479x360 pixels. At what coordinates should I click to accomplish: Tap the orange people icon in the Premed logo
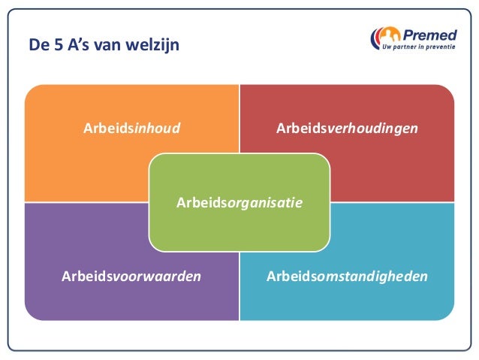click(x=387, y=36)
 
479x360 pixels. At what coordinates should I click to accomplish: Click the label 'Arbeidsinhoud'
click(x=131, y=128)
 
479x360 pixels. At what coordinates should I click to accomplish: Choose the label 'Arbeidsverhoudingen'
click(x=347, y=128)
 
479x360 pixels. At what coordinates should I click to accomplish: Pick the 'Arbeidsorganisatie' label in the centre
click(x=239, y=202)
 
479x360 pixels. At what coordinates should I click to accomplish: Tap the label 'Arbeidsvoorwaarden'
click(x=131, y=276)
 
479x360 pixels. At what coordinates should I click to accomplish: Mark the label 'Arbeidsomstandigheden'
click(x=347, y=276)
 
